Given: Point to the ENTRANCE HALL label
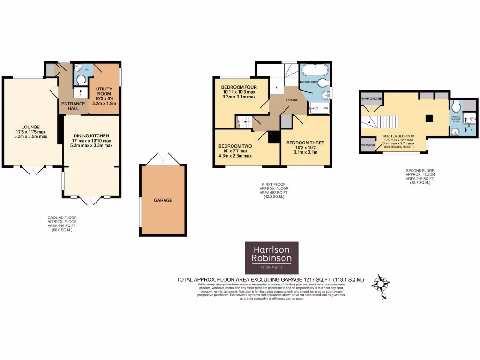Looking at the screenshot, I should pos(73,106).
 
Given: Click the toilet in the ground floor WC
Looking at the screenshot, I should pos(81,81).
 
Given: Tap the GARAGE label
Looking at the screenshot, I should pos(163,200).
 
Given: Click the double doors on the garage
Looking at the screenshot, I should pos(163,158).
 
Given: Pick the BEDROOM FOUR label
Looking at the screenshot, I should pos(239,87).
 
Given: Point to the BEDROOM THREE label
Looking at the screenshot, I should pos(305,142).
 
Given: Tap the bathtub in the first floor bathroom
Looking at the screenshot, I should pos(313,72).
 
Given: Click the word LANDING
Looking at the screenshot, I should pos(293,100).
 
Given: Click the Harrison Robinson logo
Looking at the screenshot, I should pos(271,258).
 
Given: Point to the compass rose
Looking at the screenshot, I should pos(380,285).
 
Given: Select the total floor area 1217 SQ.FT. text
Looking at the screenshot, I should pos(270,280).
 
